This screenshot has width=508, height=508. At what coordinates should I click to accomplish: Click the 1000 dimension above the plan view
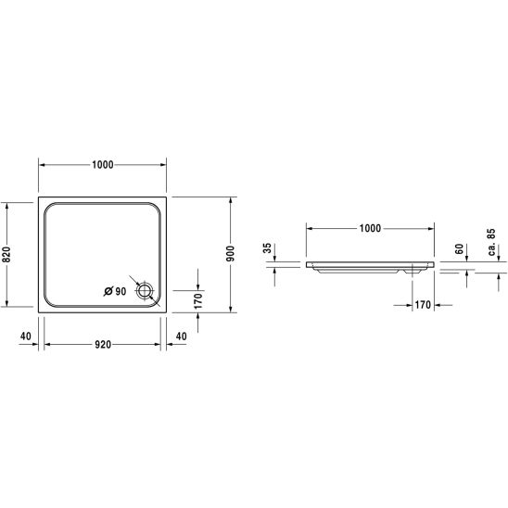tap(103, 165)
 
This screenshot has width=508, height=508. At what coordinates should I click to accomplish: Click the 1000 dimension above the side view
tap(370, 228)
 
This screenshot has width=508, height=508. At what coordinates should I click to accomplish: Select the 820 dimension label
tap(6, 255)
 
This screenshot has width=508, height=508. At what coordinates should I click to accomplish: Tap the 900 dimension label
tap(230, 254)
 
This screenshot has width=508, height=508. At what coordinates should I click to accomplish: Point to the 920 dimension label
tap(103, 345)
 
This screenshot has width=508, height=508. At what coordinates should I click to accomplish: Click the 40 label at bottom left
tap(26, 337)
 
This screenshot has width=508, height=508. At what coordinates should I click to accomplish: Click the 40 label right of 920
tap(182, 337)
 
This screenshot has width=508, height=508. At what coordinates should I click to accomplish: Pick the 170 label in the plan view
tap(197, 301)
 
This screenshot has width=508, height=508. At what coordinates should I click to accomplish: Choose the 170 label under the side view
tap(423, 305)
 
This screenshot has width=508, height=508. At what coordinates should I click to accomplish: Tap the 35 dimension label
tap(268, 248)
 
